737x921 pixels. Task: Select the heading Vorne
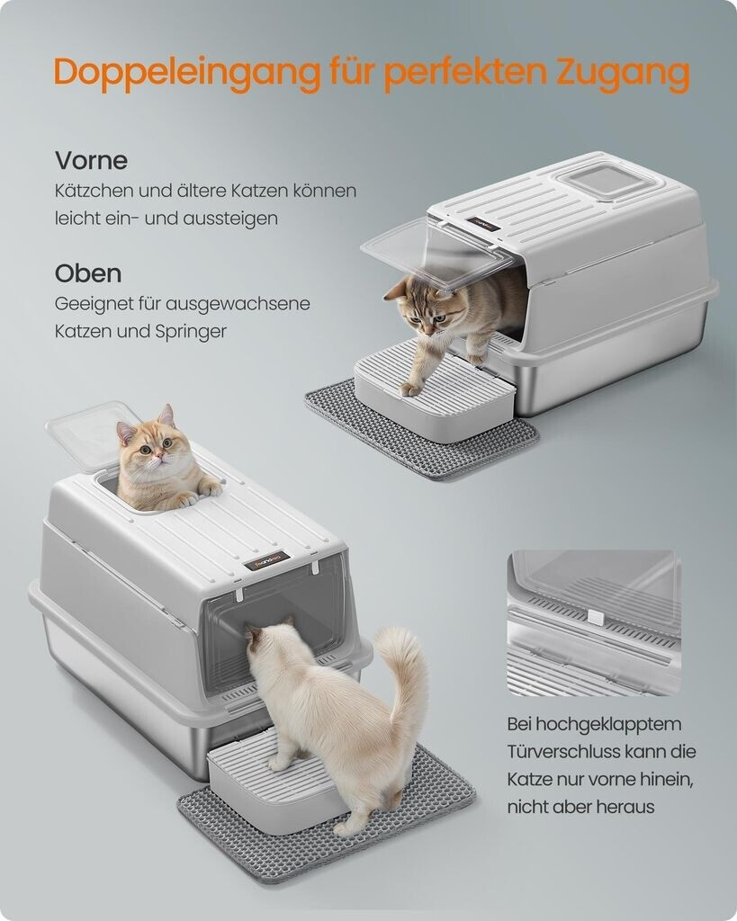click(x=91, y=160)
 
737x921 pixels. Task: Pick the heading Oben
click(x=88, y=273)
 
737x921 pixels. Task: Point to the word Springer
click(x=191, y=332)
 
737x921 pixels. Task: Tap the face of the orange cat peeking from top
click(x=152, y=448)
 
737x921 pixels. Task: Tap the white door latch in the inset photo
click(x=596, y=617)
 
